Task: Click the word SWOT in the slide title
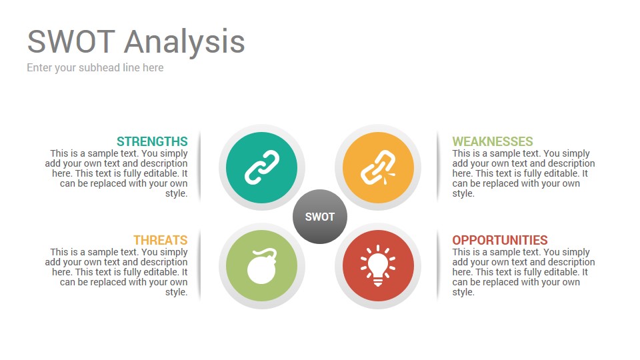pyautogui.click(x=71, y=41)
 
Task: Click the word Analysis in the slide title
pyautogui.click(x=185, y=43)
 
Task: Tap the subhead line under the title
pyautogui.click(x=95, y=68)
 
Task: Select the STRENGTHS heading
pyautogui.click(x=152, y=141)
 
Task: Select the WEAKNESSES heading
pyautogui.click(x=493, y=141)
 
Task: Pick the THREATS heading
pyautogui.click(x=161, y=240)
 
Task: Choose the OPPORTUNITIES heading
pyautogui.click(x=500, y=240)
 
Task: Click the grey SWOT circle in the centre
pyautogui.click(x=320, y=216)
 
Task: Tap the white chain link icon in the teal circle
pyautogui.click(x=262, y=167)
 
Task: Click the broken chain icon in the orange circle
pyautogui.click(x=377, y=167)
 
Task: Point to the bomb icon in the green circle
pyautogui.click(x=262, y=266)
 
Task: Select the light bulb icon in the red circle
pyautogui.click(x=378, y=265)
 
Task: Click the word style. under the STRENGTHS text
pyautogui.click(x=176, y=193)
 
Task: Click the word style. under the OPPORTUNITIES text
pyautogui.click(x=463, y=292)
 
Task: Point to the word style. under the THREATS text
pyautogui.click(x=176, y=292)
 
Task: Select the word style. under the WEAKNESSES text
pyautogui.click(x=463, y=193)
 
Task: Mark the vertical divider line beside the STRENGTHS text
pyautogui.click(x=199, y=167)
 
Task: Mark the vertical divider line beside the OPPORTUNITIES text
pyautogui.click(x=437, y=265)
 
